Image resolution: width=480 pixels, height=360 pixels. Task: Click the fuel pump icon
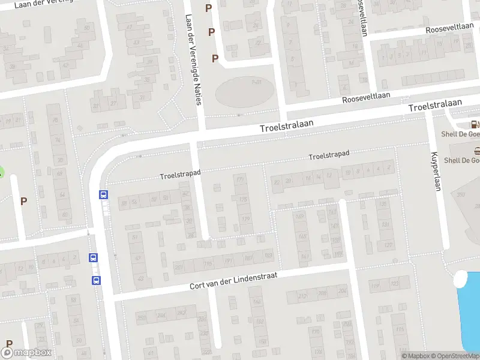(475, 125)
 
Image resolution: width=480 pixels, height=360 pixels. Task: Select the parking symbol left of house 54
(24, 202)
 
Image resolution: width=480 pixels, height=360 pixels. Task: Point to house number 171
(241, 179)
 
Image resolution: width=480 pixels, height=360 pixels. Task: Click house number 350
(461, 195)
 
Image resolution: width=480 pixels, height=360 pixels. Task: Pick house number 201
(178, 267)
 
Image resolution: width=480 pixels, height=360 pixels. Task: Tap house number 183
(268, 255)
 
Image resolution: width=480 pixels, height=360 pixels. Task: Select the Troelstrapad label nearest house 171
(180, 175)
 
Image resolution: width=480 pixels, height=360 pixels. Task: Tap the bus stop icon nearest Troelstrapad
(103, 194)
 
